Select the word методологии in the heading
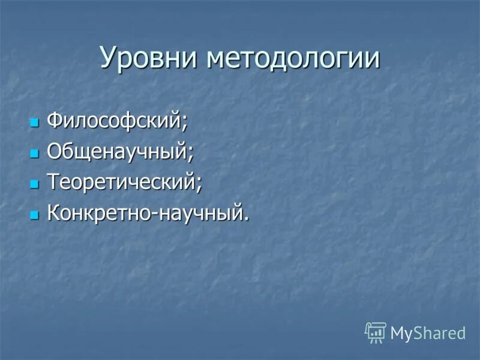pyautogui.click(x=293, y=58)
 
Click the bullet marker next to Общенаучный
pyautogui.click(x=34, y=154)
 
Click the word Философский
pyautogui.click(x=114, y=122)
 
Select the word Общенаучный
pyautogui.click(x=117, y=152)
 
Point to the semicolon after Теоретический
pyautogui.click(x=199, y=185)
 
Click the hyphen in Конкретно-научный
pyautogui.click(x=154, y=214)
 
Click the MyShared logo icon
pyautogui.click(x=375, y=332)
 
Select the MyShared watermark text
pyautogui.click(x=428, y=333)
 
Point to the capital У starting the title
pyautogui.click(x=108, y=59)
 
